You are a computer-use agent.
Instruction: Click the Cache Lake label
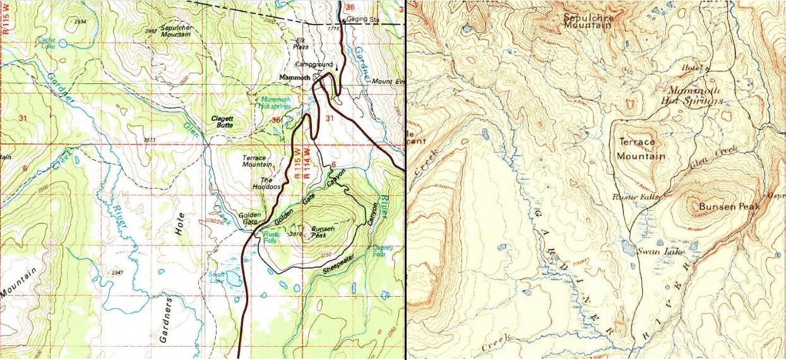[48, 41]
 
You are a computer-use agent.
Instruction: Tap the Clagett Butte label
[222, 122]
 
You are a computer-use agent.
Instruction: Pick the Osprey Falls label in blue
[379, 251]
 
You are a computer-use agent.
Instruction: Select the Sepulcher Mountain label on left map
[175, 31]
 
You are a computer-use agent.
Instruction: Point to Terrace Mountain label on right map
[641, 149]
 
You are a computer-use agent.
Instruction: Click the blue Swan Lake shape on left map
[233, 279]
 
